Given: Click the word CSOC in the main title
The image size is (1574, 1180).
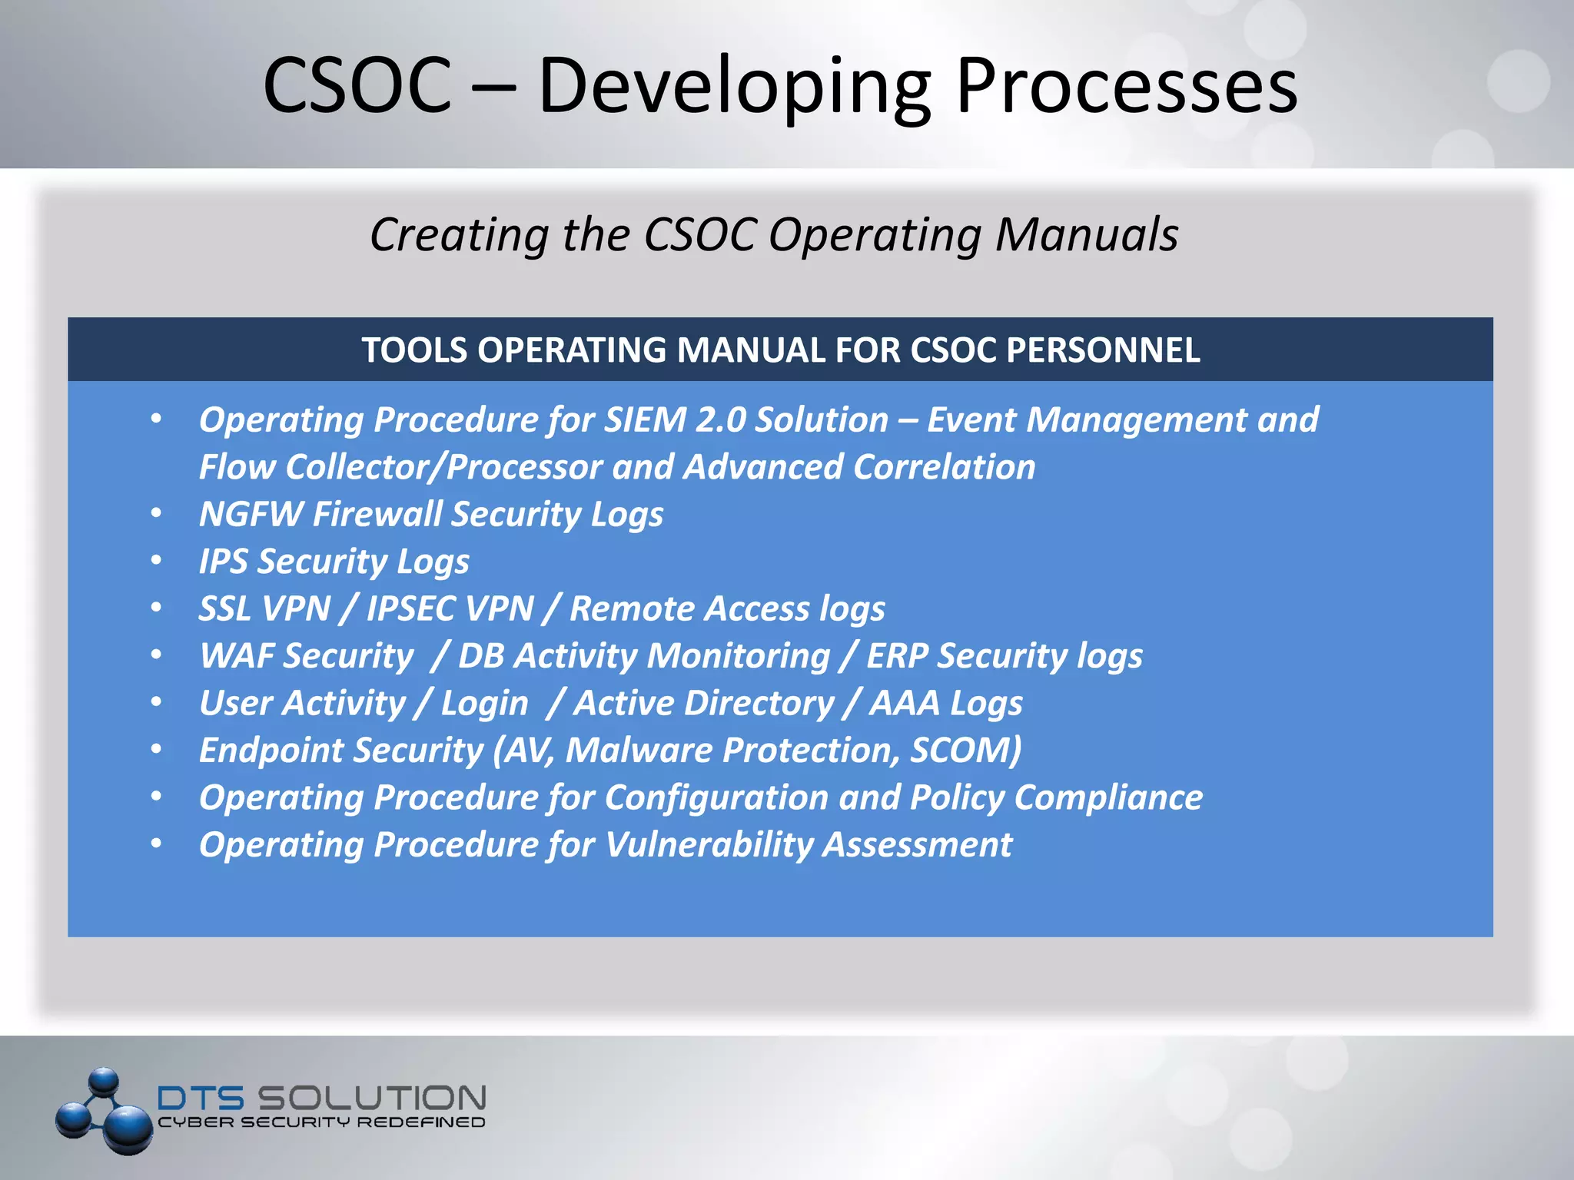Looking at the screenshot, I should [x=357, y=86].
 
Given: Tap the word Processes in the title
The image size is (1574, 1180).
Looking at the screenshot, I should [x=1126, y=86].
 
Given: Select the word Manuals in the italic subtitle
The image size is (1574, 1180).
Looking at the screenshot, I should [x=1086, y=234].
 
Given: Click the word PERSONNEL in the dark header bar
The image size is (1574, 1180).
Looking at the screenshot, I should [x=1103, y=350].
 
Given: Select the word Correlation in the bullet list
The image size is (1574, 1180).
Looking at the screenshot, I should [x=945, y=467].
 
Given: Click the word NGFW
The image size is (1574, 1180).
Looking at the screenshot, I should [x=251, y=514].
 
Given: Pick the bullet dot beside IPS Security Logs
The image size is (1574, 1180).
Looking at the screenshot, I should [x=157, y=560].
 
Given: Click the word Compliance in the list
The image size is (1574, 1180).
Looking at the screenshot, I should [x=1108, y=797].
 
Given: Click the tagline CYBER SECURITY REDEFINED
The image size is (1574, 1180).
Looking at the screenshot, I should [x=321, y=1122].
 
